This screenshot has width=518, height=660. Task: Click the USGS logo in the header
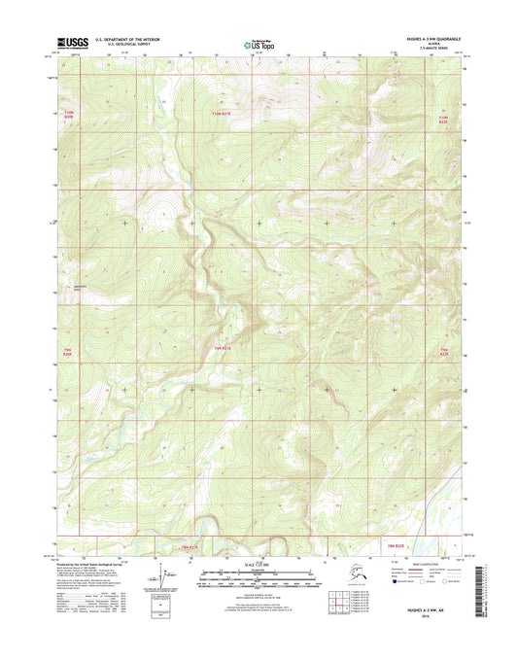[73, 43]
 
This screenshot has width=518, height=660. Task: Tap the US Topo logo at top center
[259, 44]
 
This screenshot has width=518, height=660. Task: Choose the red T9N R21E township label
[222, 345]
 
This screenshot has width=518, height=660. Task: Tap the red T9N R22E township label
[445, 352]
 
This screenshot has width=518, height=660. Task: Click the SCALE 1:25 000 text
[259, 567]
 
